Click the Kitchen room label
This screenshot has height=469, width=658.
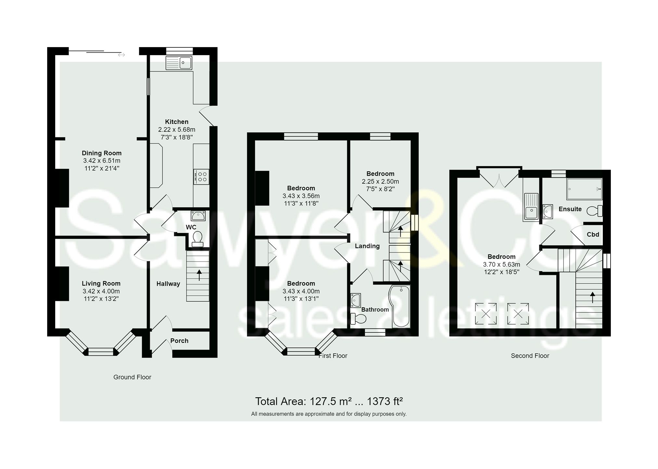[x=176, y=122]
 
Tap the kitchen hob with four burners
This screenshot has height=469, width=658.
[x=201, y=177]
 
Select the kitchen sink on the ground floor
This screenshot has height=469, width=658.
[x=179, y=63]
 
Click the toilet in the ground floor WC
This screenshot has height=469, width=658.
[x=197, y=239]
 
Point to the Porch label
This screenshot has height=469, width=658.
[x=179, y=340]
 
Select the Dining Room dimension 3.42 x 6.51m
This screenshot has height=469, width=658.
[x=101, y=161]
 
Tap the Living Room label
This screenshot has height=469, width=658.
[x=101, y=283]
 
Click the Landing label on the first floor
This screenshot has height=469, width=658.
[x=367, y=246]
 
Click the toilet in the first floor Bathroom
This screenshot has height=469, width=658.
[x=358, y=319]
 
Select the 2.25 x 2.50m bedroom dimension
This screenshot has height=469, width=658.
[x=380, y=181]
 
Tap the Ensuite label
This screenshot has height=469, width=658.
[x=570, y=209]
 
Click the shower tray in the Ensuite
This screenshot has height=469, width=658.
[x=584, y=189]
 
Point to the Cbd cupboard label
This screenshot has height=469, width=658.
[x=593, y=234]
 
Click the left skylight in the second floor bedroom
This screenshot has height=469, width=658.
[x=486, y=314]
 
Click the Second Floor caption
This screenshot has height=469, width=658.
[x=530, y=356]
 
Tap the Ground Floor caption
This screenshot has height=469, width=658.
[x=132, y=377]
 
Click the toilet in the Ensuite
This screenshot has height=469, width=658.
[x=594, y=211]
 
